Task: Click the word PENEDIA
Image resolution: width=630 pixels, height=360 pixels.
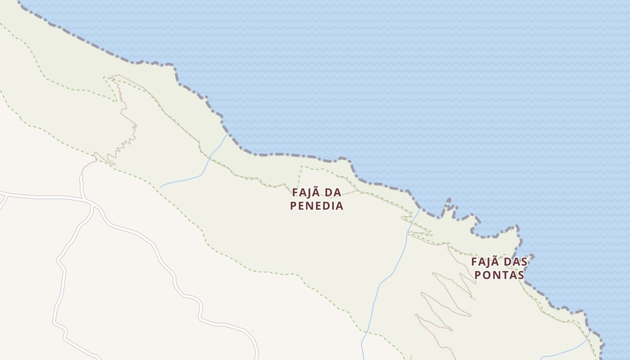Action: (317, 206)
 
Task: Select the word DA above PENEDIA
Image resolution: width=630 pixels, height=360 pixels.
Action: (333, 193)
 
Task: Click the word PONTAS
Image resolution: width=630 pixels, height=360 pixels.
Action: (499, 275)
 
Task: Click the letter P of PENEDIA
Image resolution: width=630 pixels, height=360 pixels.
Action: (294, 206)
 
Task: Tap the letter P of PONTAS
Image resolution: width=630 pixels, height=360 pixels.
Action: (479, 275)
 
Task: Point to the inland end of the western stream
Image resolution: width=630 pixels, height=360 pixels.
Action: (161, 187)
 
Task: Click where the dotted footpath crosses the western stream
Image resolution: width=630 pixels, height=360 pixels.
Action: (209, 158)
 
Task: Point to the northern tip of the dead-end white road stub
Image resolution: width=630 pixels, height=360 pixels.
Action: (81, 177)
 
